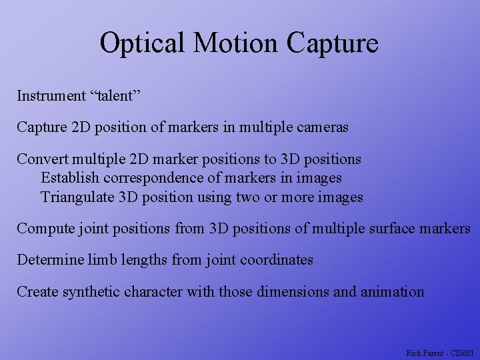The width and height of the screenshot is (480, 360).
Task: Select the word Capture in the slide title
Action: (x=332, y=43)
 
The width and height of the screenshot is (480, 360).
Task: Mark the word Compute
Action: (x=43, y=229)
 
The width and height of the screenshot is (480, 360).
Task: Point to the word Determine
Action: (x=50, y=260)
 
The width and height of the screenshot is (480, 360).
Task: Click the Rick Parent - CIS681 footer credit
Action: (x=439, y=352)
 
